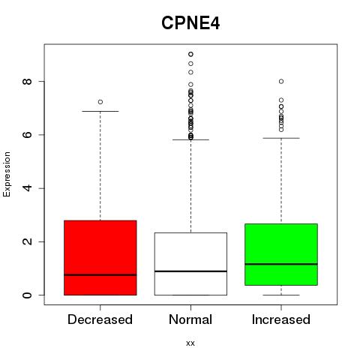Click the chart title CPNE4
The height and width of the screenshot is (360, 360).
click(x=190, y=23)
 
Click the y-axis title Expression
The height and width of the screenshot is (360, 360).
click(x=7, y=174)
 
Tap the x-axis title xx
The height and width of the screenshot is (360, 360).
click(x=190, y=343)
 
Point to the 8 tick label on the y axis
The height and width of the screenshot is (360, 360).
click(x=27, y=81)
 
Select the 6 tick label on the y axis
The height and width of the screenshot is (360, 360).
click(x=27, y=135)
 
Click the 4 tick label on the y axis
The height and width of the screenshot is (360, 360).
click(x=27, y=188)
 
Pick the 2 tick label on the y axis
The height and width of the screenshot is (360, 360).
click(x=27, y=241)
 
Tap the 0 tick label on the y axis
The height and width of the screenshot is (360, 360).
click(x=27, y=295)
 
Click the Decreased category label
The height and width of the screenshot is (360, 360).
click(x=100, y=319)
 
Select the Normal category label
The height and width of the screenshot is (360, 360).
click(x=190, y=319)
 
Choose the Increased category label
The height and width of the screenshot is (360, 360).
click(x=281, y=319)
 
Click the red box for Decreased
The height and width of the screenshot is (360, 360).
click(x=100, y=258)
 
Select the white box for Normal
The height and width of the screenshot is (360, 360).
click(x=190, y=264)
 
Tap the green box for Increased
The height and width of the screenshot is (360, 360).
click(x=281, y=254)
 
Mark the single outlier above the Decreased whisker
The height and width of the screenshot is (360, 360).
click(x=100, y=102)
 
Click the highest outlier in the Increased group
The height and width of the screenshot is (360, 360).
click(x=281, y=81)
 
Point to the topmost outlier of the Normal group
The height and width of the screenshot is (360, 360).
click(x=190, y=54)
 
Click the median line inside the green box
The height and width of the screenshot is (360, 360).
click(x=281, y=264)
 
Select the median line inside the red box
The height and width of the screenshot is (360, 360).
click(x=100, y=275)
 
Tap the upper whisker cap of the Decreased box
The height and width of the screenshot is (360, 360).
click(x=100, y=111)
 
